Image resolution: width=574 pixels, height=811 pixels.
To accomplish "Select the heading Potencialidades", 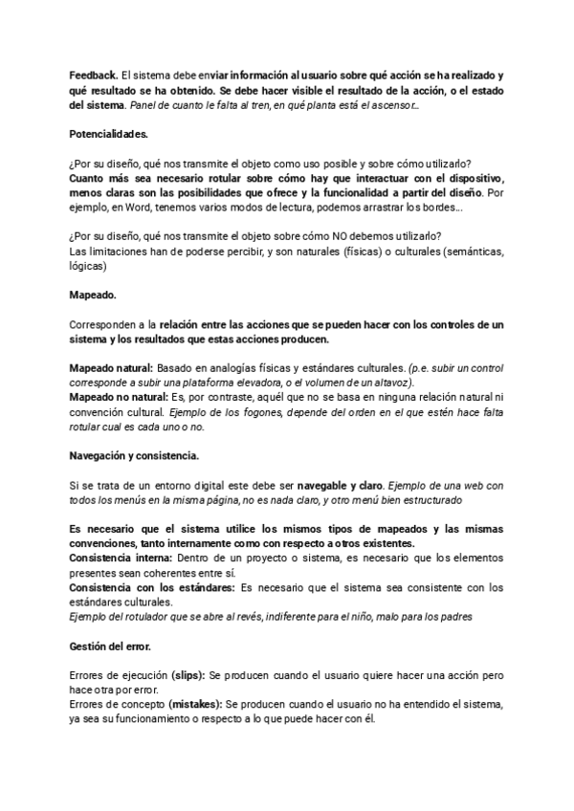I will (x=109, y=131).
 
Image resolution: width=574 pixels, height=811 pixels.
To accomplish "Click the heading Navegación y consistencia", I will (x=135, y=453).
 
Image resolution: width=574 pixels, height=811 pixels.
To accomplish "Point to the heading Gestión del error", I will (x=110, y=647).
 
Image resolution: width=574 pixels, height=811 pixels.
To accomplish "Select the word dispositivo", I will (x=470, y=178).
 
